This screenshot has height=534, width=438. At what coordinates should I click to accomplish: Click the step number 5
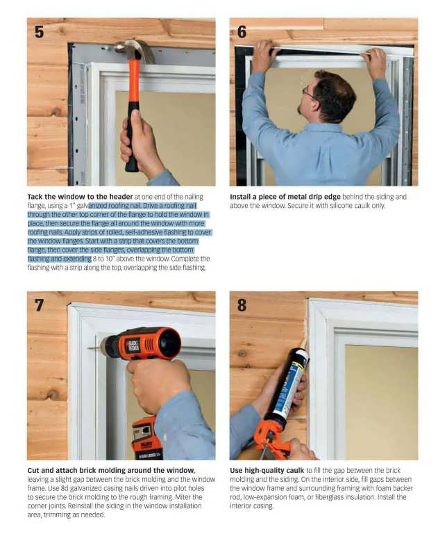39,32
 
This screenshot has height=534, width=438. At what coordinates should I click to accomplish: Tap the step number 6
242,32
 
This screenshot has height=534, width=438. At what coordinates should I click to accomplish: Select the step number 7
39,305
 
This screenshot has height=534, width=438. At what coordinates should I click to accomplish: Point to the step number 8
242,305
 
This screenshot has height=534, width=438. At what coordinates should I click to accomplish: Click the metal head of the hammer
135,49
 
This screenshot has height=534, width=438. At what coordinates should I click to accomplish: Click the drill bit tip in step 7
88,348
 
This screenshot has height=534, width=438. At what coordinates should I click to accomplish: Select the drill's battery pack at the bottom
147,439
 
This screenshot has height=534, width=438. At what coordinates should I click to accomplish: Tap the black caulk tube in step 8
287,385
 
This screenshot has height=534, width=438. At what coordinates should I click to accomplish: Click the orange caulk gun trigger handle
269,439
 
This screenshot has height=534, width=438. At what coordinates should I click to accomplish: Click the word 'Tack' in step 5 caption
35,197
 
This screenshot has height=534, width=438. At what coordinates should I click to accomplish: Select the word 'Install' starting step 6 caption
240,197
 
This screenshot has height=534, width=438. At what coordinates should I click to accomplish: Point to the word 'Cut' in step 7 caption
33,470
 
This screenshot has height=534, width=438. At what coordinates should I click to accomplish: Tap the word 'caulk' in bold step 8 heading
295,470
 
